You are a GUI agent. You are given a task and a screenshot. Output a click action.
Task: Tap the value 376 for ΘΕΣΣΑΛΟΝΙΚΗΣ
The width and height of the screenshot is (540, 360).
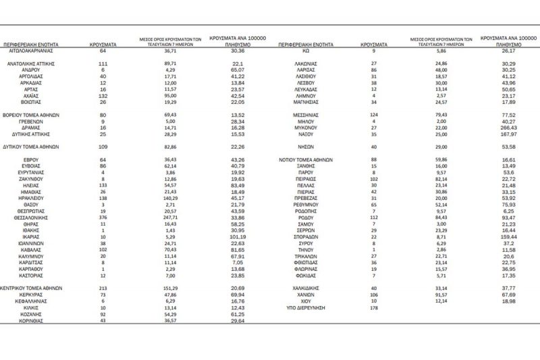click(x=103, y=218)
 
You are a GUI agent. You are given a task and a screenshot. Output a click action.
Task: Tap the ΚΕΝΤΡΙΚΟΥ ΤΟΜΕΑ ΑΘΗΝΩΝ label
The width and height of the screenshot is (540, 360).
click(x=31, y=288)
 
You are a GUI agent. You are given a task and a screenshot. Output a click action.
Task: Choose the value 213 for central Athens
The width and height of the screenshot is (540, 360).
click(x=103, y=288)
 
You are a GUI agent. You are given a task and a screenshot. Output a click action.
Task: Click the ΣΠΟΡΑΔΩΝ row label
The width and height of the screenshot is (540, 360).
click(x=306, y=238)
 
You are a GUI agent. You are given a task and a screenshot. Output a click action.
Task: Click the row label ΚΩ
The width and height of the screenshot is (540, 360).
click(x=306, y=50)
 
